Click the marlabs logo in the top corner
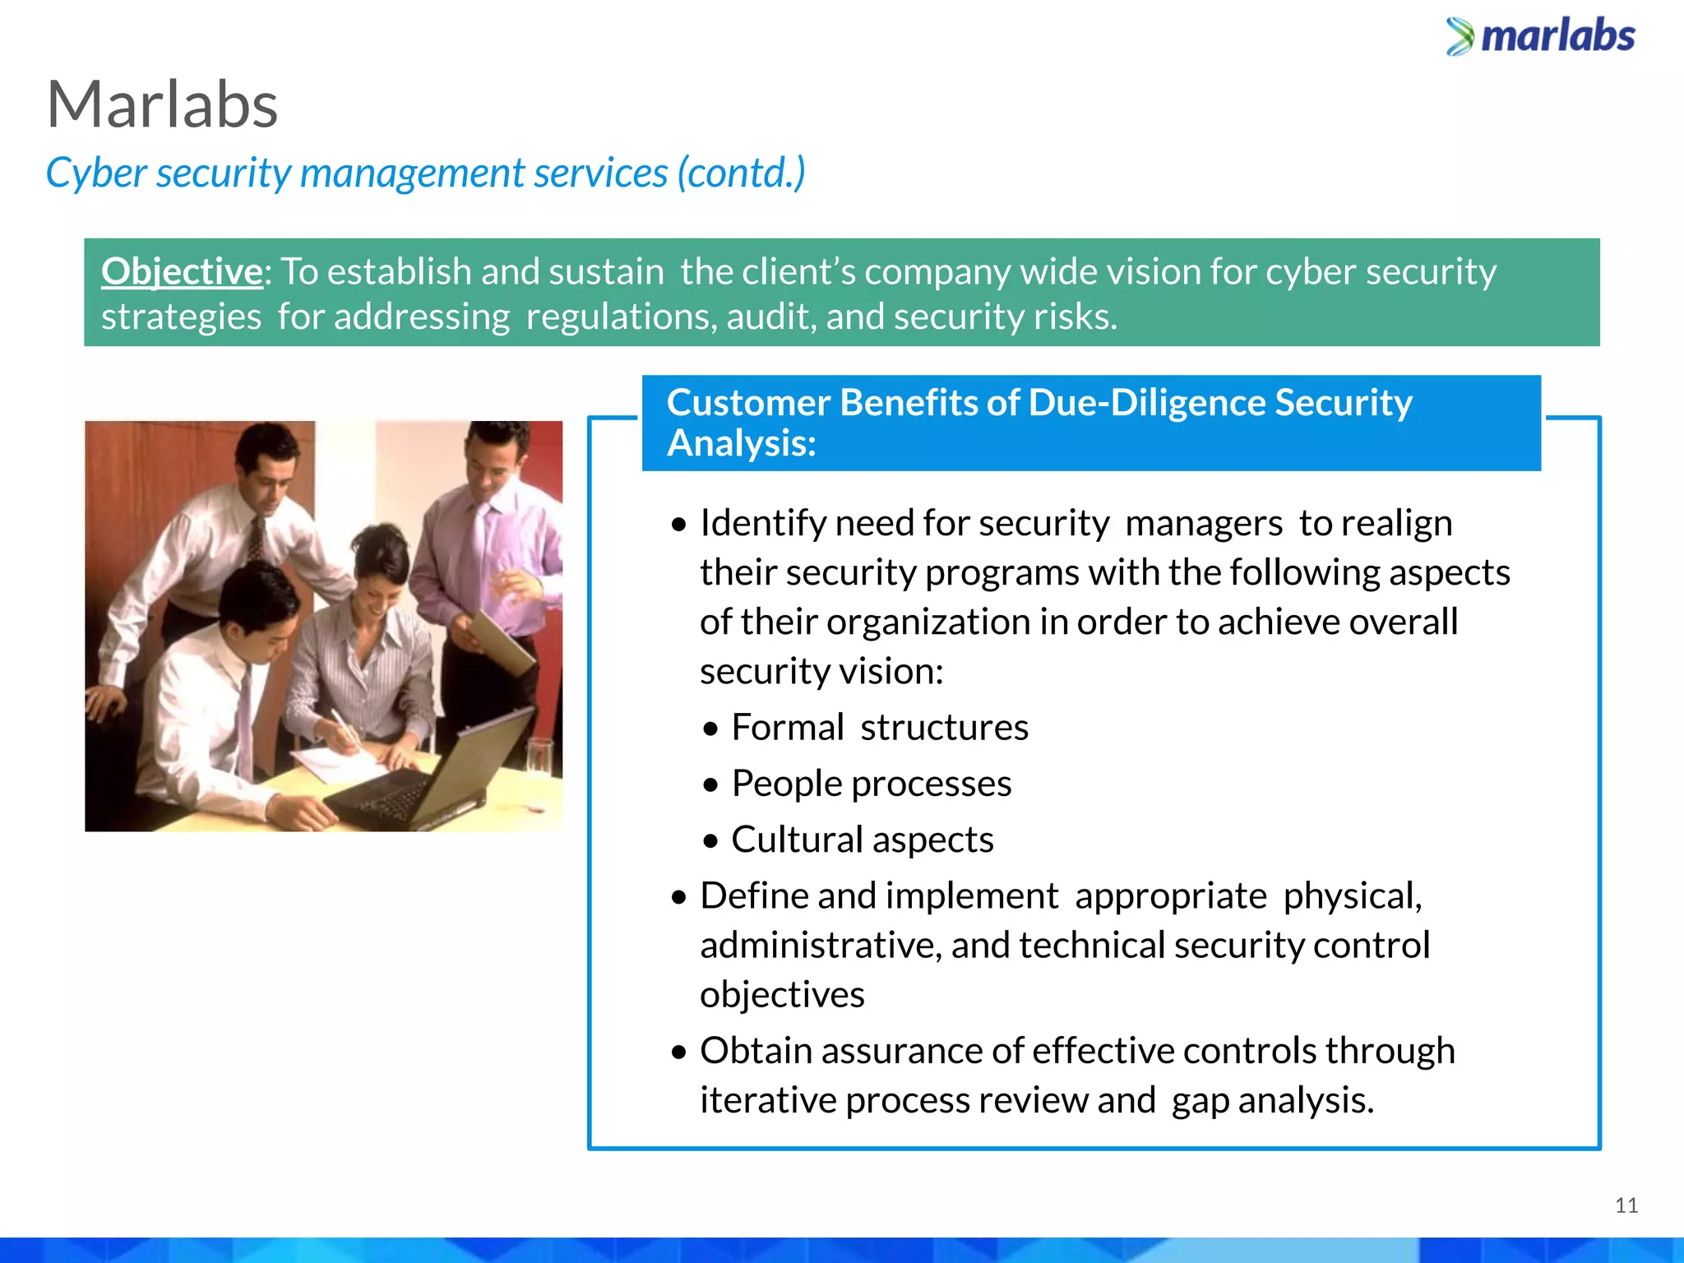(x=1541, y=37)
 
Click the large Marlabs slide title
(x=162, y=105)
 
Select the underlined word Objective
(x=181, y=271)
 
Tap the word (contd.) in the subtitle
(x=740, y=173)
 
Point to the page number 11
(x=1626, y=1205)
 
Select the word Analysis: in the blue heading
(x=741, y=444)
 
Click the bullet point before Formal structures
(x=711, y=729)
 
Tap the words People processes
(x=871, y=784)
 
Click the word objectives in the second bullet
(x=782, y=995)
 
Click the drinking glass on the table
(x=539, y=765)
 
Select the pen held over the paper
(x=345, y=728)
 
